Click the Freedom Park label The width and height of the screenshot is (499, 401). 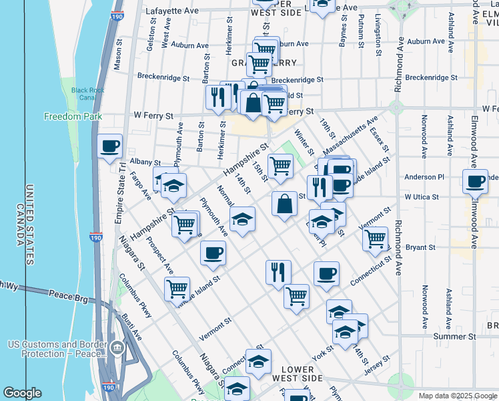pyautogui.click(x=73, y=116)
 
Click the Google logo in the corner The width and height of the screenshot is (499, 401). pyautogui.click(x=22, y=393)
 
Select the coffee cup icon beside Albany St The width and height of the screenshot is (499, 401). pyautogui.click(x=110, y=146)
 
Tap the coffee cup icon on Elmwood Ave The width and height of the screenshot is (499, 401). pyautogui.click(x=476, y=181)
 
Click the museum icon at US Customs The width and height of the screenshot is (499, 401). pyautogui.click(x=117, y=348)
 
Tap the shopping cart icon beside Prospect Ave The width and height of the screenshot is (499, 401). pyautogui.click(x=177, y=289)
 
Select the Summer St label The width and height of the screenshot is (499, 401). pyautogui.click(x=453, y=336)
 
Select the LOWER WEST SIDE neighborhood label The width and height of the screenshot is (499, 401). pyautogui.click(x=302, y=374)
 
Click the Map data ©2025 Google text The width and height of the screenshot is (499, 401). pyautogui.click(x=457, y=394)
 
